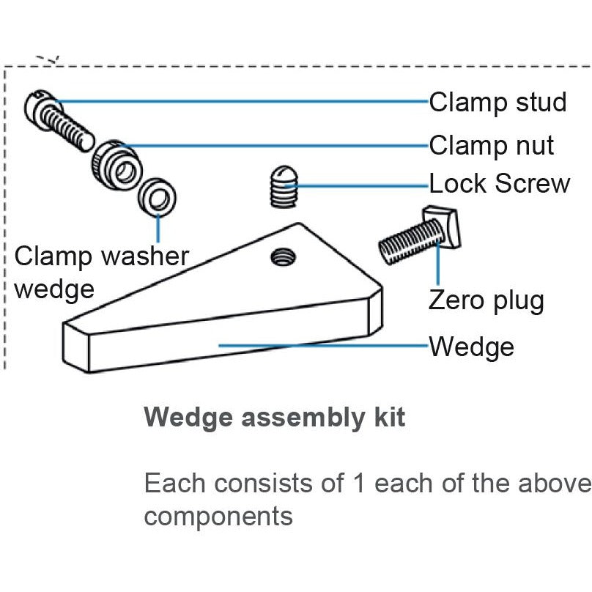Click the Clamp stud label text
497,102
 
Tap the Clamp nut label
491,145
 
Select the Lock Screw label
499,183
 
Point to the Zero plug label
486,300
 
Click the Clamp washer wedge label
101,272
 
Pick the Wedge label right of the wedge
471,346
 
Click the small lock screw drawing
281,188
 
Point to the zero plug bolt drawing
418,238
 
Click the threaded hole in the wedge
283,256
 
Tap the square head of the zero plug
443,228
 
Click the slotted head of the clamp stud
38,103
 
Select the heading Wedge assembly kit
274,418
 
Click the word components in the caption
218,516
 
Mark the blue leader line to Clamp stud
242,101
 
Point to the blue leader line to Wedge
322,344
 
